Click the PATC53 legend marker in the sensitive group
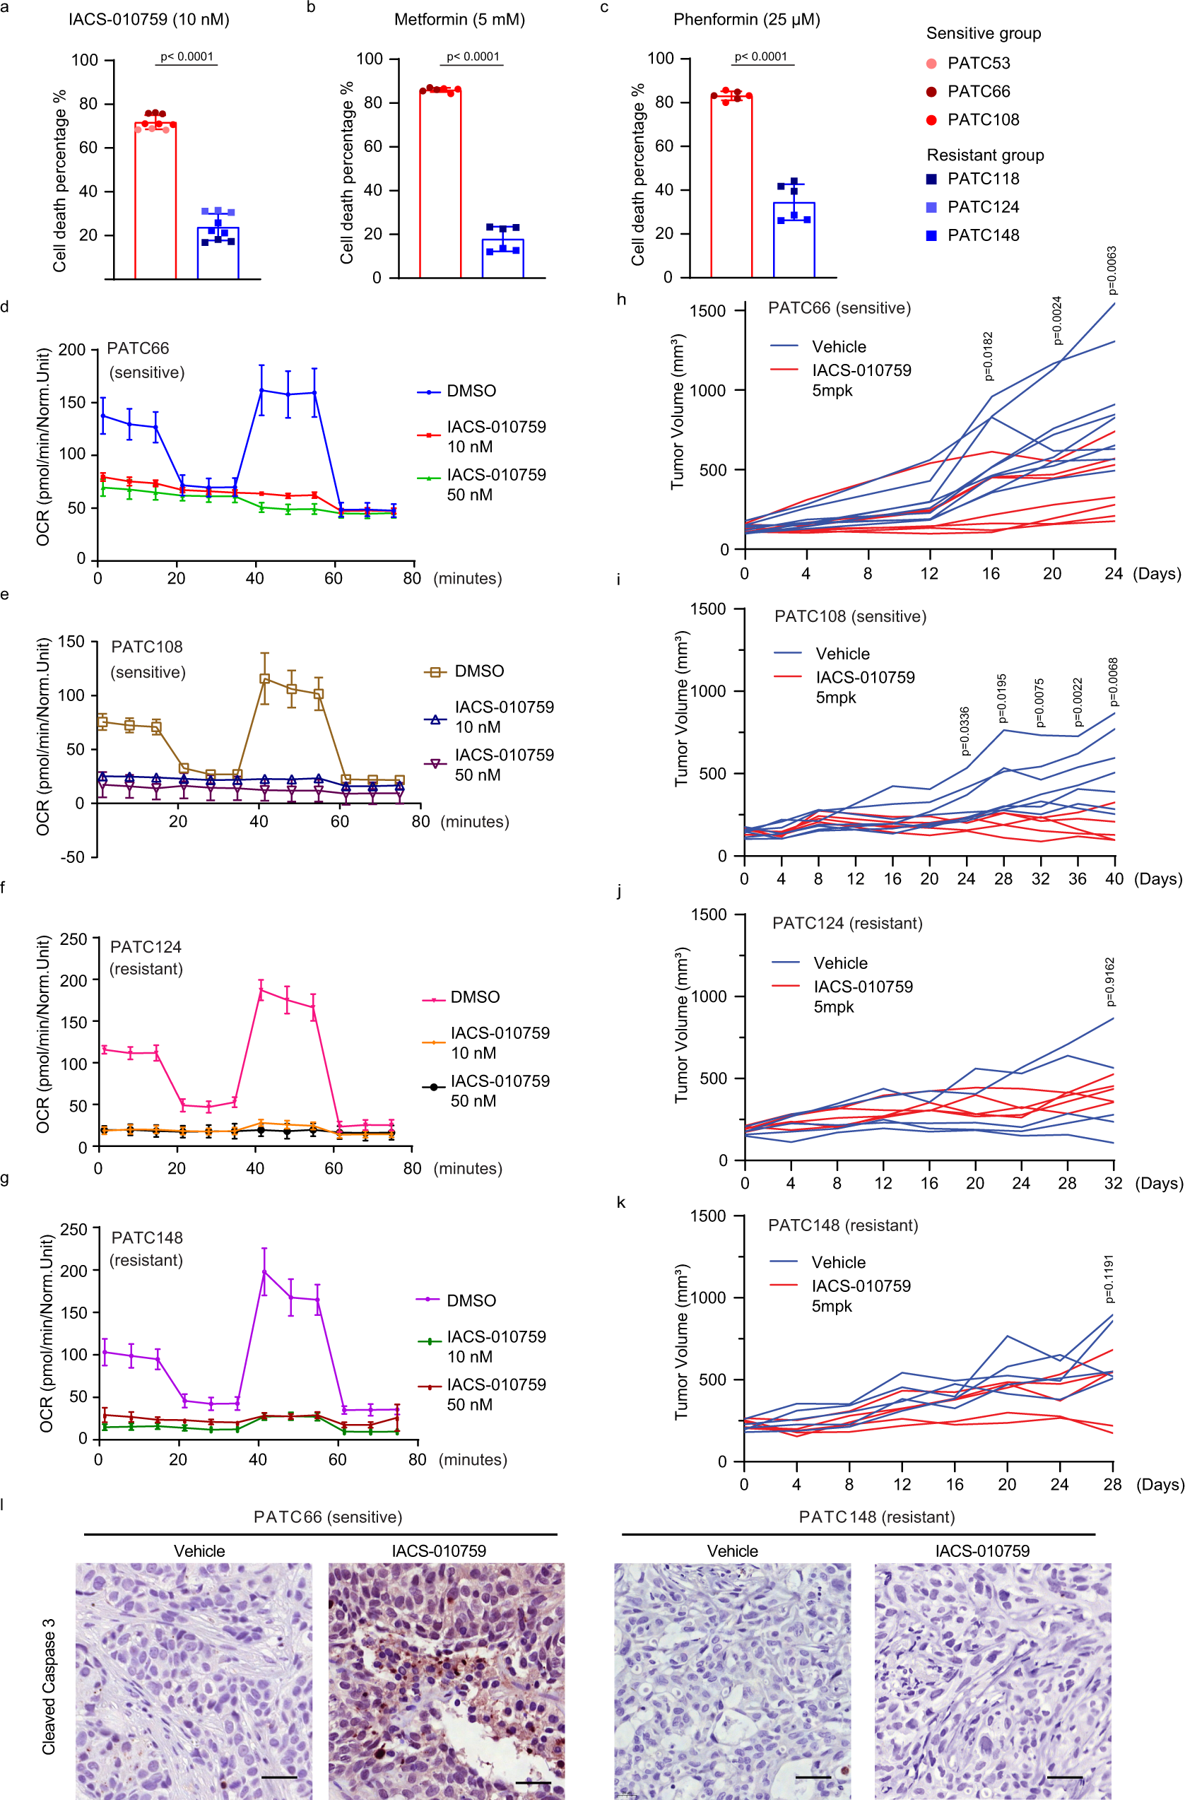[x=931, y=64]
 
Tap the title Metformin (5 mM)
[x=459, y=20]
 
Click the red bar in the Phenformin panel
[x=731, y=187]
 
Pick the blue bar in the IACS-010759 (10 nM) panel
[x=218, y=252]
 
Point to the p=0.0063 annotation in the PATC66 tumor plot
[x=1111, y=270]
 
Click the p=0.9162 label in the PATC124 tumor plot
[x=1109, y=982]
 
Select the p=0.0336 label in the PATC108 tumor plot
[x=965, y=731]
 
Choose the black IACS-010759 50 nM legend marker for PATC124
[x=433, y=1087]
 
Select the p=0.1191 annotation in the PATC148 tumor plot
[x=1109, y=1279]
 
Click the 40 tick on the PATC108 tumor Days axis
[x=1114, y=879]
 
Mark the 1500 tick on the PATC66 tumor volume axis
[x=709, y=311]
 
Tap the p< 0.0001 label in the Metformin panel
[x=473, y=57]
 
